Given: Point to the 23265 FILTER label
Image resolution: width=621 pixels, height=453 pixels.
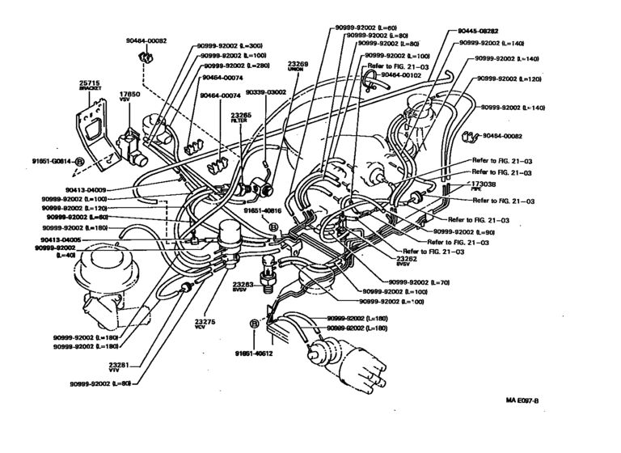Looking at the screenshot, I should tap(240, 116).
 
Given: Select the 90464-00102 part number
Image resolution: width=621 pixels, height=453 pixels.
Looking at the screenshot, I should tap(403, 74).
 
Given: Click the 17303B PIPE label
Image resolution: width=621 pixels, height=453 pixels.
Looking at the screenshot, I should tap(484, 185).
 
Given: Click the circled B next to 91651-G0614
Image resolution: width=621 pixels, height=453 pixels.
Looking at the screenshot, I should tap(79, 162).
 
